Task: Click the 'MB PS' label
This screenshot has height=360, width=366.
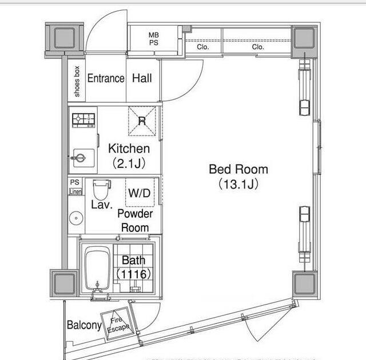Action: (154, 39)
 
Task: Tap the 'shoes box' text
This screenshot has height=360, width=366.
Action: (77, 81)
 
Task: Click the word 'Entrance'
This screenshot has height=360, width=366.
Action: (106, 78)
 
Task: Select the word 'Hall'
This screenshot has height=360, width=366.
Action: (142, 78)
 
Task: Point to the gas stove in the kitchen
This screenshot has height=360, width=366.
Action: (83, 121)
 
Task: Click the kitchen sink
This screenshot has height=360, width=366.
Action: (83, 158)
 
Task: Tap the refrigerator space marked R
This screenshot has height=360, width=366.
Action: (142, 121)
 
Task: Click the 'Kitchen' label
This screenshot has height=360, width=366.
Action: (129, 149)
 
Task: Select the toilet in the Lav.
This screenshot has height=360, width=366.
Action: (102, 189)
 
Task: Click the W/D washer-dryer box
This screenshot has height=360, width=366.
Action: (140, 193)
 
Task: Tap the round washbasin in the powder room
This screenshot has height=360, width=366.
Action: (76, 218)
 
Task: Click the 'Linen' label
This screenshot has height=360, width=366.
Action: (75, 191)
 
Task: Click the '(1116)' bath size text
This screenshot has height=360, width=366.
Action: (133, 274)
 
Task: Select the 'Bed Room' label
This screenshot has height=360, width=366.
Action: (238, 169)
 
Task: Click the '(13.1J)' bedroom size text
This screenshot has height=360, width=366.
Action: (238, 184)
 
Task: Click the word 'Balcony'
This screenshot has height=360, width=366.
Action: (84, 325)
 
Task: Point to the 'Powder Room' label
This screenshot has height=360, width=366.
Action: (135, 221)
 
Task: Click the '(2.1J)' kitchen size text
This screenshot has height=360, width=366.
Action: (129, 163)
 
